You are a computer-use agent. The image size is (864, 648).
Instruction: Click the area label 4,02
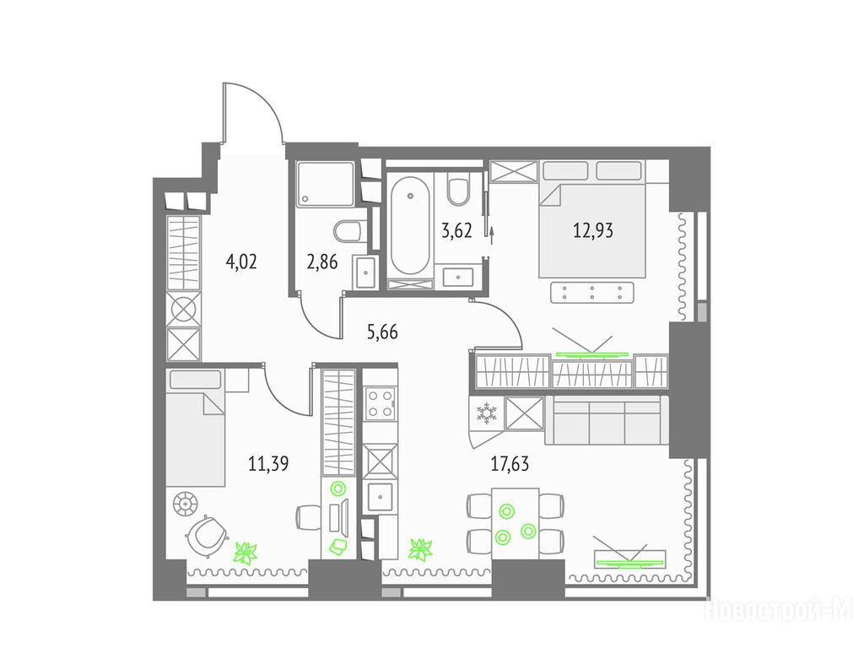click(x=241, y=262)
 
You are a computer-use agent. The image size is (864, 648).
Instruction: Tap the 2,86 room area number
click(x=321, y=262)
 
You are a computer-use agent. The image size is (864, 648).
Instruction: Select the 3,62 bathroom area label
click(x=456, y=230)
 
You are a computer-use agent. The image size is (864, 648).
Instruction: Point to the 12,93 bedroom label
click(x=593, y=229)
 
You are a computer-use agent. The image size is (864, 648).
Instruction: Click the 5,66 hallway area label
click(x=382, y=332)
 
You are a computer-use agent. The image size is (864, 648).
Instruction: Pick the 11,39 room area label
click(x=268, y=464)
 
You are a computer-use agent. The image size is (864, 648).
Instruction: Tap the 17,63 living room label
click(x=510, y=464)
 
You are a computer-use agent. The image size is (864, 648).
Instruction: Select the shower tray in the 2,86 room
click(x=325, y=184)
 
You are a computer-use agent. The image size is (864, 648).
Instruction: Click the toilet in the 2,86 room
click(x=348, y=231)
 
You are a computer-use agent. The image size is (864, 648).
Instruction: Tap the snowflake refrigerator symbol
click(x=486, y=413)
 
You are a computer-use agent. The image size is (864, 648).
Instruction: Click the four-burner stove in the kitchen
click(x=381, y=403)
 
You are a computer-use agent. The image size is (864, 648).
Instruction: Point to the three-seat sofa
click(x=606, y=420)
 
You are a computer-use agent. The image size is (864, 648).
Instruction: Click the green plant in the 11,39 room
click(x=246, y=552)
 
